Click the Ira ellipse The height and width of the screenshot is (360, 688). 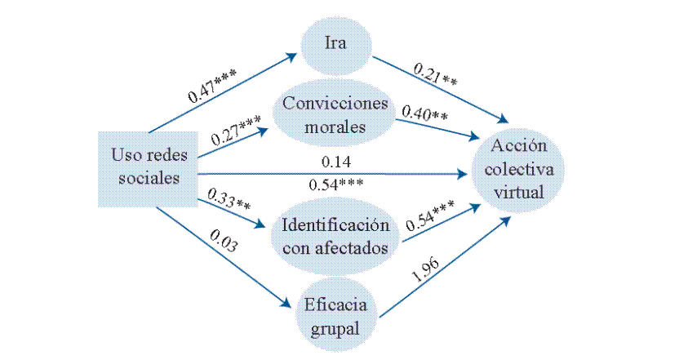335,42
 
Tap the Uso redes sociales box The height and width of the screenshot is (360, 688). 148,167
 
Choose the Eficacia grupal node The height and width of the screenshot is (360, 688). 335,317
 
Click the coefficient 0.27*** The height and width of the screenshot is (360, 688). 236,130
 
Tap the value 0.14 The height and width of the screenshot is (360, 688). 335,162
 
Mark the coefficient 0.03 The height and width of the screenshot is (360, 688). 224,242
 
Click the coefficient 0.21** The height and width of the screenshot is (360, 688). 436,77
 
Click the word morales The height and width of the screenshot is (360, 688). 335,128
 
